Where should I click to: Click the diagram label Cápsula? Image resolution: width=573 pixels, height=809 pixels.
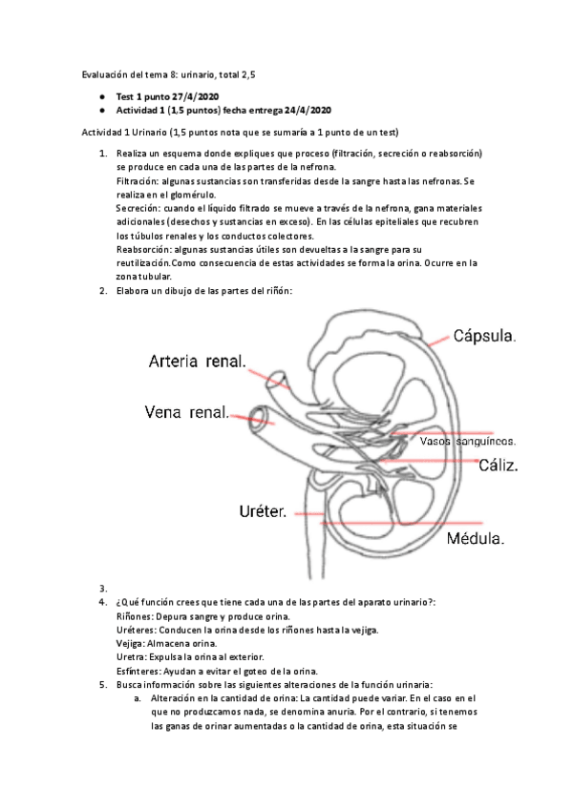486,336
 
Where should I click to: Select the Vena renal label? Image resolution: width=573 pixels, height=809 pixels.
187,413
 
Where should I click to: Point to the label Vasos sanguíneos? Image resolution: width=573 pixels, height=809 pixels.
468,442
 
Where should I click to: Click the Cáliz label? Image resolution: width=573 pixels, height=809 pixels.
499,467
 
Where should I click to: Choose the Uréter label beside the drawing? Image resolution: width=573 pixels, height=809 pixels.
264,512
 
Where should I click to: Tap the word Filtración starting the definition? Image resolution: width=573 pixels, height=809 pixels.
137,180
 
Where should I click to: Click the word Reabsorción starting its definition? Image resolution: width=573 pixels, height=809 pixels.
142,249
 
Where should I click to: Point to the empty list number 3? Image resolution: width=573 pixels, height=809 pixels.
102,588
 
